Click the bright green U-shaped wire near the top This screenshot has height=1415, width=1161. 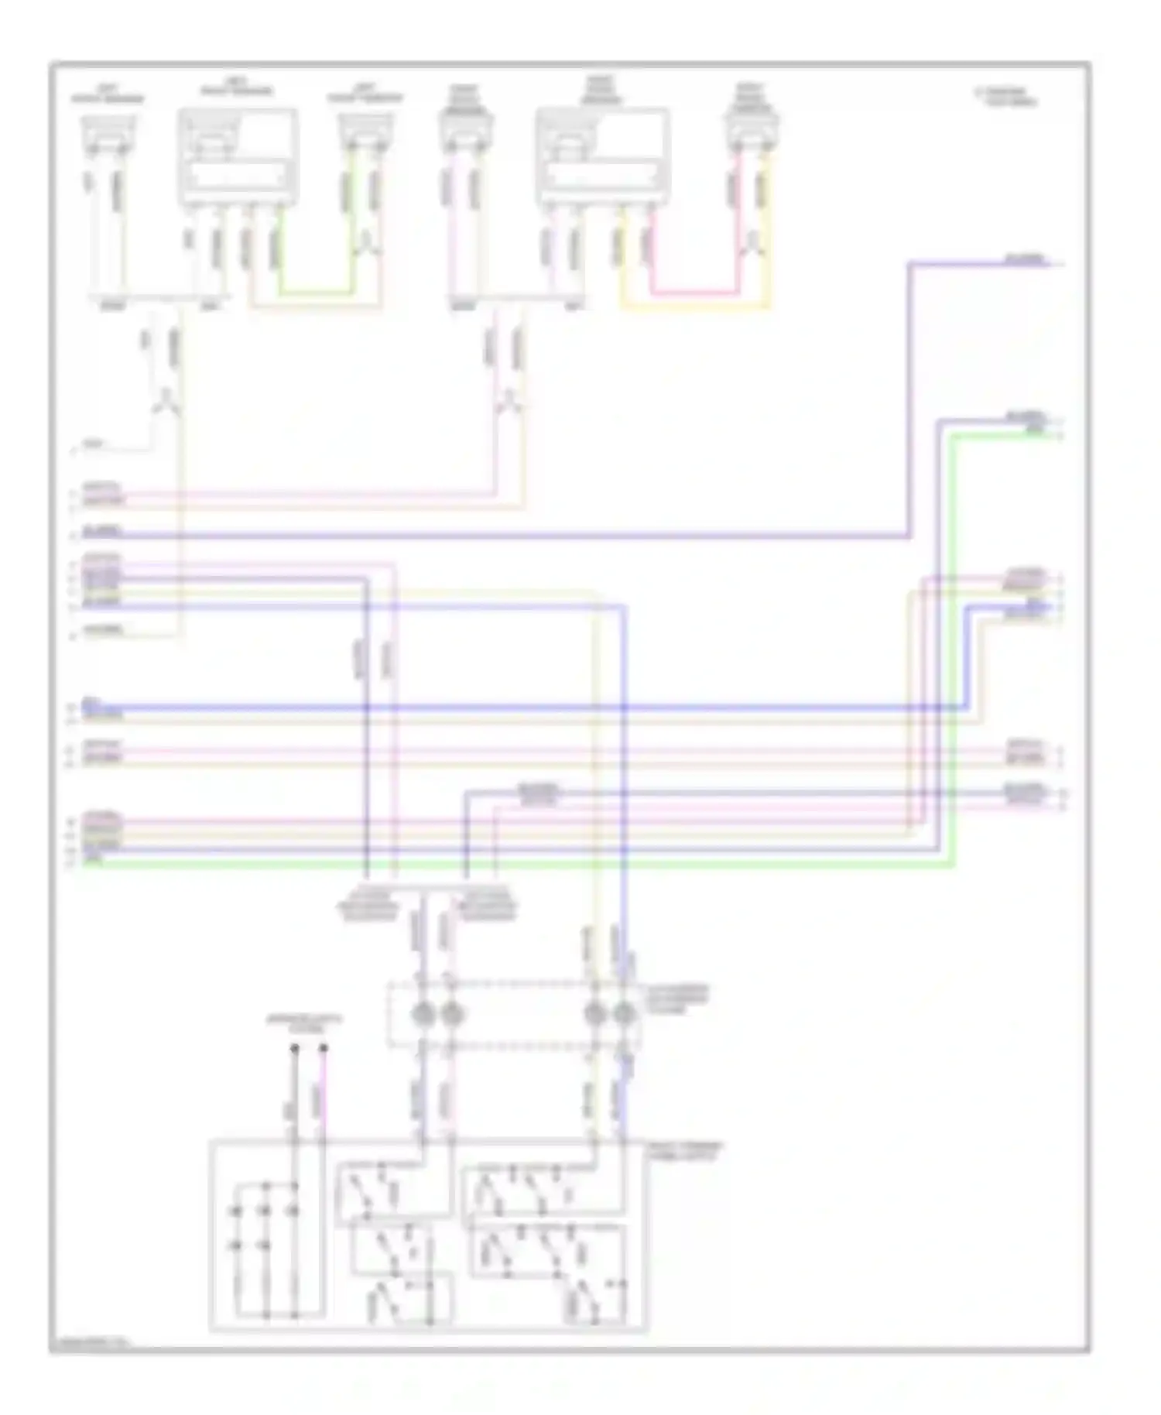[x=316, y=293]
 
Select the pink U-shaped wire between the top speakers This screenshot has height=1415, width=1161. [x=693, y=293]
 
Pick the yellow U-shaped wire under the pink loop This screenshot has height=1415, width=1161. [x=694, y=307]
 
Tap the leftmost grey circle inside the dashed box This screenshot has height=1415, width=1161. [x=422, y=1012]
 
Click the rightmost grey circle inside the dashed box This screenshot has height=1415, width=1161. [x=623, y=1012]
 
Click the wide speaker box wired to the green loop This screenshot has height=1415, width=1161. [x=238, y=157]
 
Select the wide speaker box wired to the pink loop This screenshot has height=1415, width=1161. [x=603, y=157]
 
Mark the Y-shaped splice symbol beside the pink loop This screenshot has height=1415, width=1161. [x=752, y=245]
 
